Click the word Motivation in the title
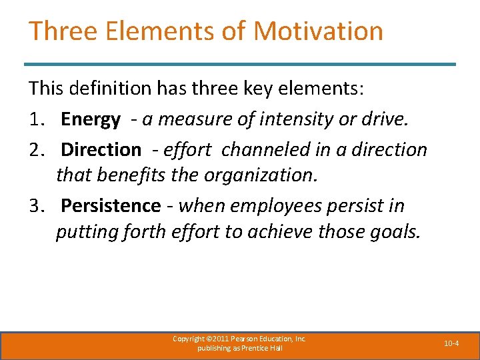(x=319, y=31)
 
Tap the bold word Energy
(x=91, y=120)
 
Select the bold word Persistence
(x=111, y=206)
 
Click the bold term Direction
(x=101, y=149)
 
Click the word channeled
(x=259, y=149)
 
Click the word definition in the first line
(x=114, y=87)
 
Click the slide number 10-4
(x=451, y=343)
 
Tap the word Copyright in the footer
(x=188, y=339)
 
